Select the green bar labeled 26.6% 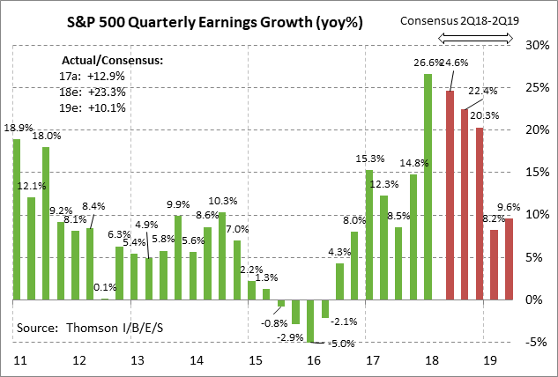(428, 187)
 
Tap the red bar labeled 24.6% (450, 196)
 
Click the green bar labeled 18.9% (16, 219)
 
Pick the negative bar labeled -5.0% (311, 321)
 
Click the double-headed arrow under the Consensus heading (476, 37)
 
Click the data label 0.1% (104, 286)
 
